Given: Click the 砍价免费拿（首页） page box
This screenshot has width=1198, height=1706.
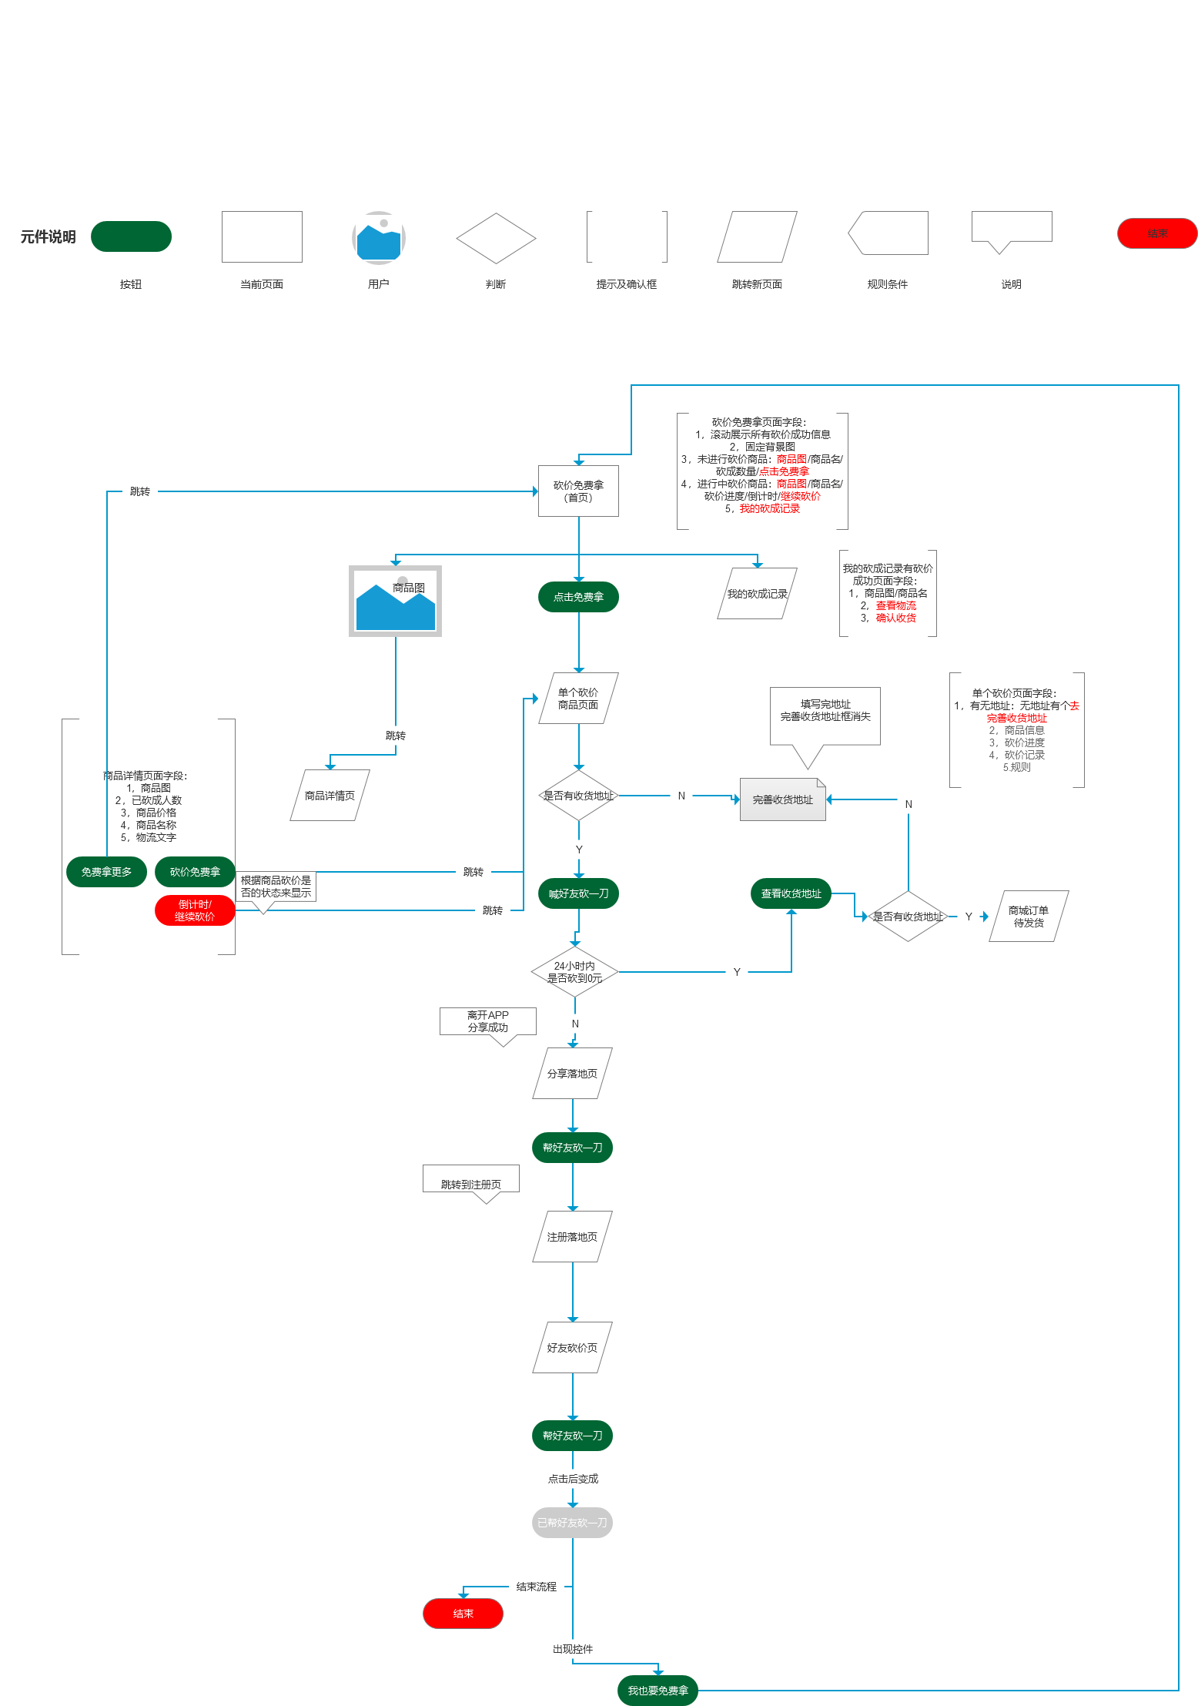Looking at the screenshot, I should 578,491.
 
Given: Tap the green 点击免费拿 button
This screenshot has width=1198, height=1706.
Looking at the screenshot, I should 578,597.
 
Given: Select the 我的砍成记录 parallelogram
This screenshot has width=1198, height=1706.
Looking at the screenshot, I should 757,594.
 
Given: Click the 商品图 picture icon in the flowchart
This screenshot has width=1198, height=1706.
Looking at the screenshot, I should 395,602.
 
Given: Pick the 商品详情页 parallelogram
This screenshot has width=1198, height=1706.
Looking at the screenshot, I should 330,796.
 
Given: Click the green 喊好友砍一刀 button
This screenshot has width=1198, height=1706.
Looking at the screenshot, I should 578,893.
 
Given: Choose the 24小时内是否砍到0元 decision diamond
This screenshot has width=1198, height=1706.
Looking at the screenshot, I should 574,972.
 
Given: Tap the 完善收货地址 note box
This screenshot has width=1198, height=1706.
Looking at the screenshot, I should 782,799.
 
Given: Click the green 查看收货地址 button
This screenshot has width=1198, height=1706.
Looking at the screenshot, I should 791,893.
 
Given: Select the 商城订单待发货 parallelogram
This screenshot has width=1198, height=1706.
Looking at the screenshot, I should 1029,917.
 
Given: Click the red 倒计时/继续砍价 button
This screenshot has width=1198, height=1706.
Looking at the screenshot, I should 195,910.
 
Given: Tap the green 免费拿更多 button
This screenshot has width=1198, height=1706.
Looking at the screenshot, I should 106,872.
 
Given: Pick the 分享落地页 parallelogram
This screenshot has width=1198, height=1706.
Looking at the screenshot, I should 572,1074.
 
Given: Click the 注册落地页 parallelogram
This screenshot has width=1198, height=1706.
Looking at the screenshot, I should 572,1237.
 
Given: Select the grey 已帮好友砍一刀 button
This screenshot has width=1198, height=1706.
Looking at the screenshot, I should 572,1523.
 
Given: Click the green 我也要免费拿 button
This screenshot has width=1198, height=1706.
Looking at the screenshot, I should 658,1691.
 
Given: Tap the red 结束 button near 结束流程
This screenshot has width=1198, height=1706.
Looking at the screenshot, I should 463,1614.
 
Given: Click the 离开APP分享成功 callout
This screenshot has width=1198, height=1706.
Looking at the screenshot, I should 487,1022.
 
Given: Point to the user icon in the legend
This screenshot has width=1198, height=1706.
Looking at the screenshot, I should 378,238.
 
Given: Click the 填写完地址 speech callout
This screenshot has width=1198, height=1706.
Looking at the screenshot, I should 825,716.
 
